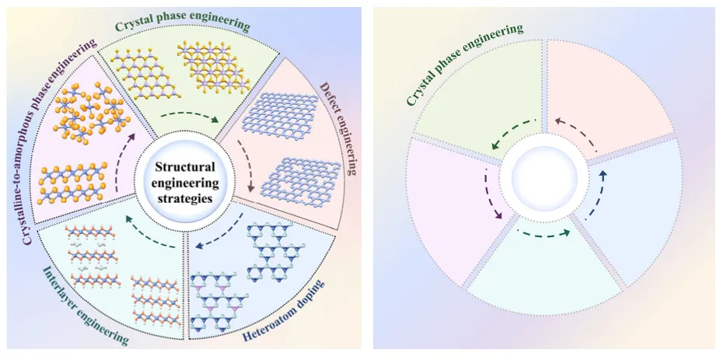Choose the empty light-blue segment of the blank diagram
pyautogui.click(x=637, y=214)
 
